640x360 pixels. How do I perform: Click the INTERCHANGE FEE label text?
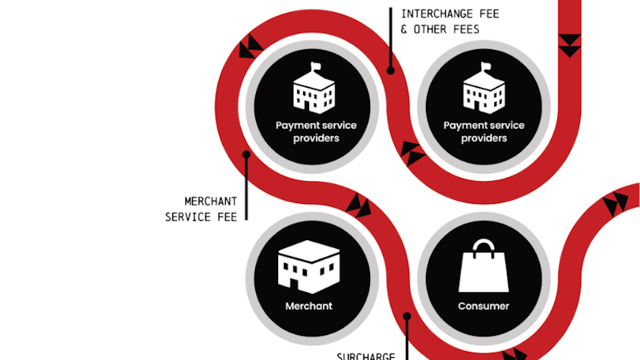(440, 13)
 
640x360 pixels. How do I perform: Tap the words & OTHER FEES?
(440, 29)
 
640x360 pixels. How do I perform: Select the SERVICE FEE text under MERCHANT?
(201, 216)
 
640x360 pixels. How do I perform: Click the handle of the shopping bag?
(483, 246)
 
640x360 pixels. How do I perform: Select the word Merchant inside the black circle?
(309, 306)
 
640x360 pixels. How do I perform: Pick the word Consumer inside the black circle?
(483, 306)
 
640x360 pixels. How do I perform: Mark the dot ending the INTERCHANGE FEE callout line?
(391, 71)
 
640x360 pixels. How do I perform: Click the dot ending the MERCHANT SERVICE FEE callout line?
(246, 154)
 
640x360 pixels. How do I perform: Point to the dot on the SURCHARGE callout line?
(406, 317)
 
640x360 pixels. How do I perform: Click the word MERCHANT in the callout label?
(210, 201)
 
